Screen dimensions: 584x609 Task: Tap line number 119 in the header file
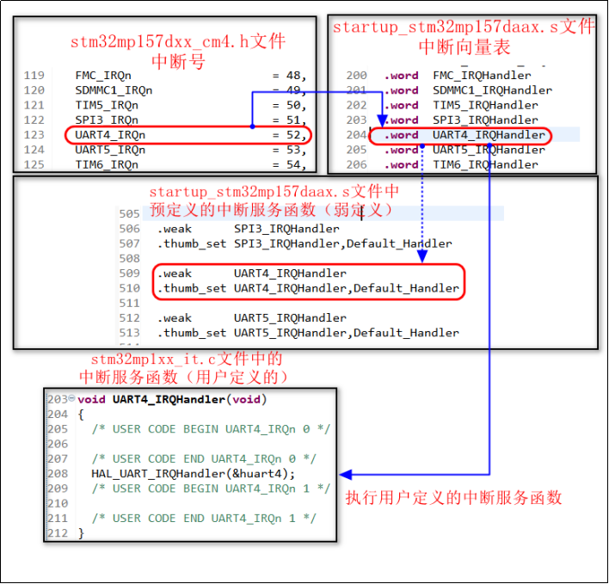coord(34,76)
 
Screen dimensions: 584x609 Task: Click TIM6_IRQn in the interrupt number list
coord(107,164)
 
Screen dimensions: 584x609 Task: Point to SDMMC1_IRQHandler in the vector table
coord(492,90)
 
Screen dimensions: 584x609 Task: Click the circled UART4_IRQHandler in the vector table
coord(489,135)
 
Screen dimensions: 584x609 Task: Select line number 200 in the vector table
coord(356,76)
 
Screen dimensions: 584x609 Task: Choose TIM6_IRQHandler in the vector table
coord(485,164)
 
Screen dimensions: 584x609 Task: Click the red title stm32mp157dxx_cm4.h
coord(178,41)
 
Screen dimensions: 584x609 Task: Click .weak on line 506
coord(175,229)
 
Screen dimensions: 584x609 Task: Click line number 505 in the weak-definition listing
coord(130,214)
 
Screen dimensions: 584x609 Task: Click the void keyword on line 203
coord(91,399)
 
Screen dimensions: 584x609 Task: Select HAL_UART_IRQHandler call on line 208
coord(193,473)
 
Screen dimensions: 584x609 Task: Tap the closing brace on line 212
coord(81,533)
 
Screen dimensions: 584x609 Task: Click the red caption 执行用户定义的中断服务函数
coord(453,497)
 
